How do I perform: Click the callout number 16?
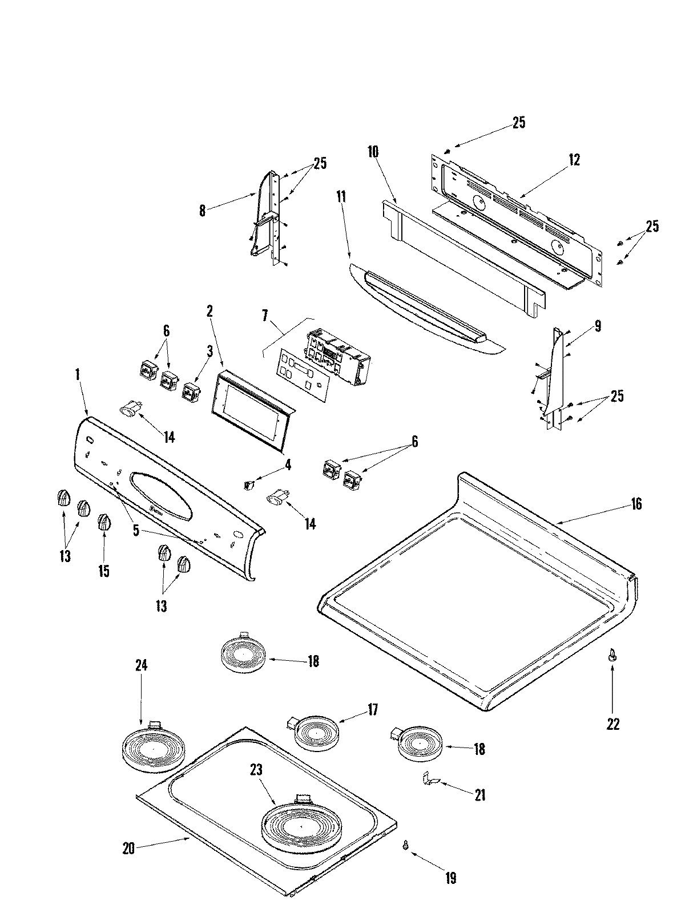tap(636, 504)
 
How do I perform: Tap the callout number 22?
tap(613, 724)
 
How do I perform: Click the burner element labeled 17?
tap(317, 733)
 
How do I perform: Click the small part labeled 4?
tap(248, 485)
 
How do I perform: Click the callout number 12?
tap(574, 160)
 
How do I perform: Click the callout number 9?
tap(597, 326)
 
